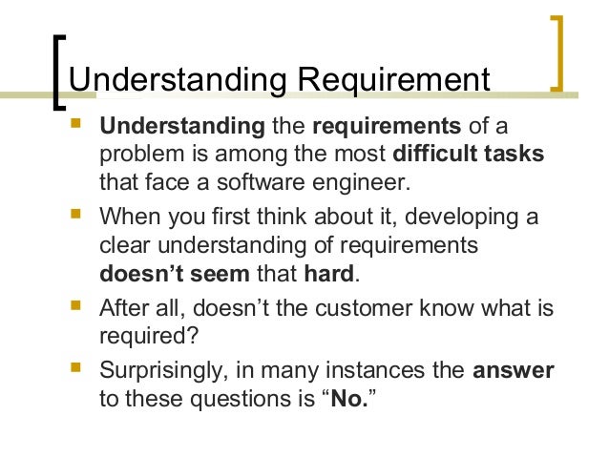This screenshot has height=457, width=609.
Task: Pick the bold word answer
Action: point(514,370)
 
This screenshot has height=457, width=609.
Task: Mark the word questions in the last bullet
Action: point(223,398)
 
